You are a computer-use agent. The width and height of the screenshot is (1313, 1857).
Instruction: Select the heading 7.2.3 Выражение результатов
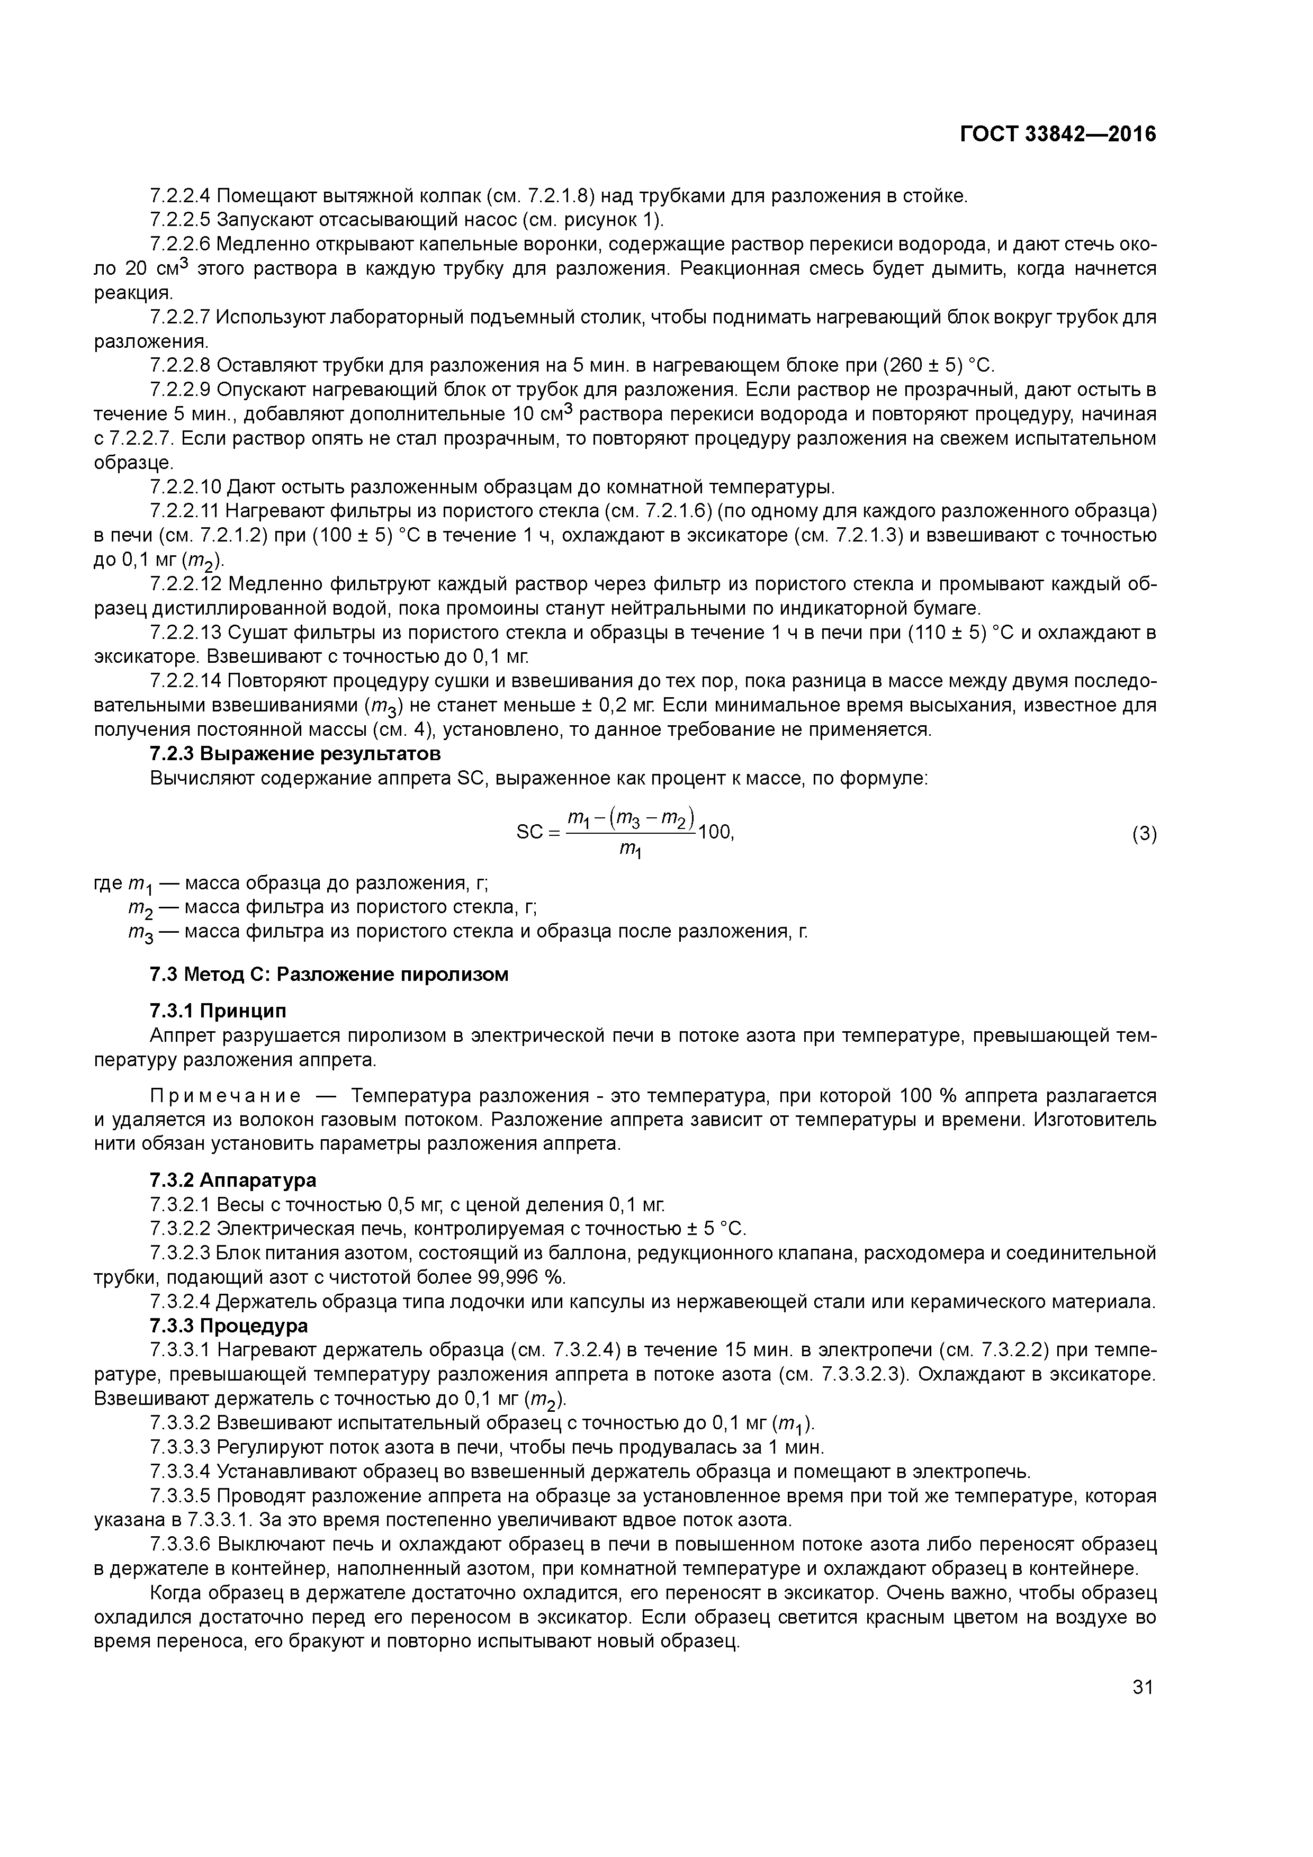coord(295,754)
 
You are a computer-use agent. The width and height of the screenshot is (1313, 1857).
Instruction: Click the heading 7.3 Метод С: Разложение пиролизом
coord(329,974)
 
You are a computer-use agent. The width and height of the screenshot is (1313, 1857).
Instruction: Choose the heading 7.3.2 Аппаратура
coord(233,1180)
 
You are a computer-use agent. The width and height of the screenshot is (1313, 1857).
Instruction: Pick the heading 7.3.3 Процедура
coord(229,1326)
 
